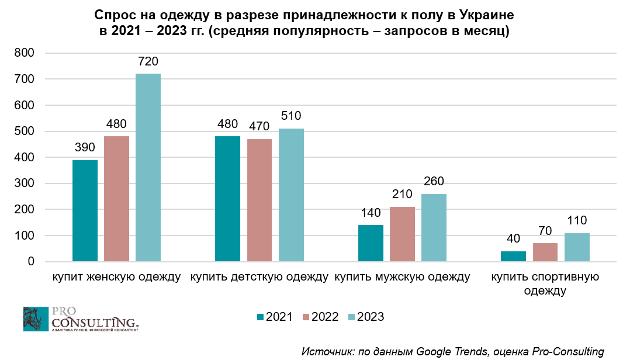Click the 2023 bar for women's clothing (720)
click(148, 168)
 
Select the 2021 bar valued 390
click(85, 211)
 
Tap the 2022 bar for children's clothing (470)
click(259, 200)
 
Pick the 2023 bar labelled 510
click(291, 195)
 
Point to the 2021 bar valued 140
click(371, 243)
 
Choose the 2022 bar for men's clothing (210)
click(402, 234)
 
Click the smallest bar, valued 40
click(513, 257)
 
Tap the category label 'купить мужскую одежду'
click(402, 276)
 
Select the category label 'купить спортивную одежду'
click(545, 283)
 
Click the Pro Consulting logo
click(81, 319)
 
